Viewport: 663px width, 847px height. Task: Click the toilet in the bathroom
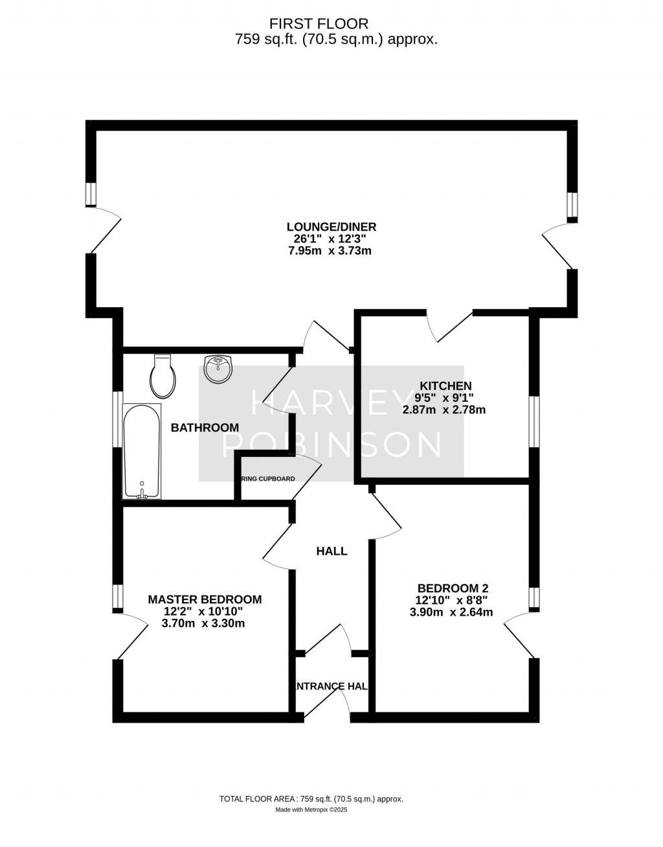click(x=163, y=378)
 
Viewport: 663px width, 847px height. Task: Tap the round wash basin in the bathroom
click(x=218, y=369)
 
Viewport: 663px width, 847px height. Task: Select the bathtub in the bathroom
click(x=142, y=452)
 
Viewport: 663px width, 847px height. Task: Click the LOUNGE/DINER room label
click(x=331, y=227)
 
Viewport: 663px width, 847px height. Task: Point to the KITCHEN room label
click(x=445, y=386)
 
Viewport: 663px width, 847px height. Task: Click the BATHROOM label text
click(x=205, y=428)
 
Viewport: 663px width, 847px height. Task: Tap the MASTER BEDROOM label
click(x=205, y=599)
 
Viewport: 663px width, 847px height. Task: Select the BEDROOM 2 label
click(x=452, y=588)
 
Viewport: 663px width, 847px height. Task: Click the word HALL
click(x=331, y=551)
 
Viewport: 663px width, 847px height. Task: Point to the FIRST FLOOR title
click(x=319, y=24)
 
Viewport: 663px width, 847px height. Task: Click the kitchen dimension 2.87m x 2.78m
click(x=444, y=410)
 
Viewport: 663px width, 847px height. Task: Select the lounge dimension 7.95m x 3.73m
click(x=330, y=251)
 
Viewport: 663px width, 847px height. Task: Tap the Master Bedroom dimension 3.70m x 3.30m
click(x=203, y=623)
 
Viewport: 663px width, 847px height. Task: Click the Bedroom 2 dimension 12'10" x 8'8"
click(x=452, y=600)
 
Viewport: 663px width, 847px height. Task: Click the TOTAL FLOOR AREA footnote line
click(x=311, y=799)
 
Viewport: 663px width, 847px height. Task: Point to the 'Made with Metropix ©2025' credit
click(x=311, y=809)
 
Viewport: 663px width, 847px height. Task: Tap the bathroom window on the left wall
click(x=117, y=419)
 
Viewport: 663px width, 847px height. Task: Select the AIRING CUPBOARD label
click(x=267, y=479)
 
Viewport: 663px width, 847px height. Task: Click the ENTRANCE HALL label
click(x=331, y=686)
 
